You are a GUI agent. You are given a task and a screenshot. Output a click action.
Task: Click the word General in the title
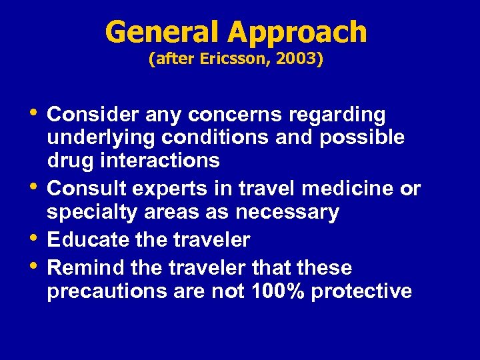tap(161, 32)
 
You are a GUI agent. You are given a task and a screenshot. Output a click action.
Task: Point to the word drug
tap(69, 161)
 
